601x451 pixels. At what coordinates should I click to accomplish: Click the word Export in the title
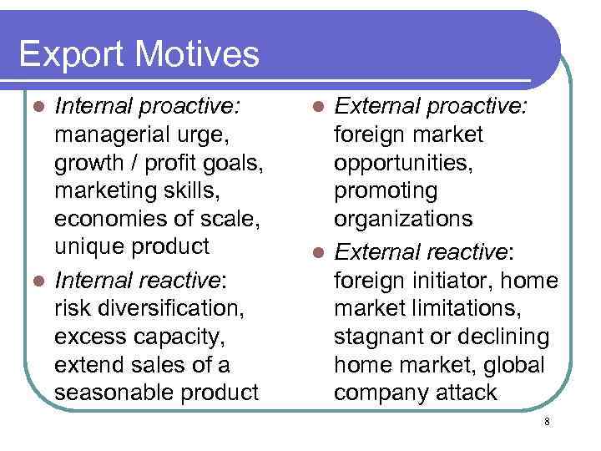71,55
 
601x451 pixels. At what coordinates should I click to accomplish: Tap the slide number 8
547,422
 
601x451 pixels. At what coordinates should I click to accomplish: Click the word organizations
403,220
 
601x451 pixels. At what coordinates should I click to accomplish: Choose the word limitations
471,308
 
